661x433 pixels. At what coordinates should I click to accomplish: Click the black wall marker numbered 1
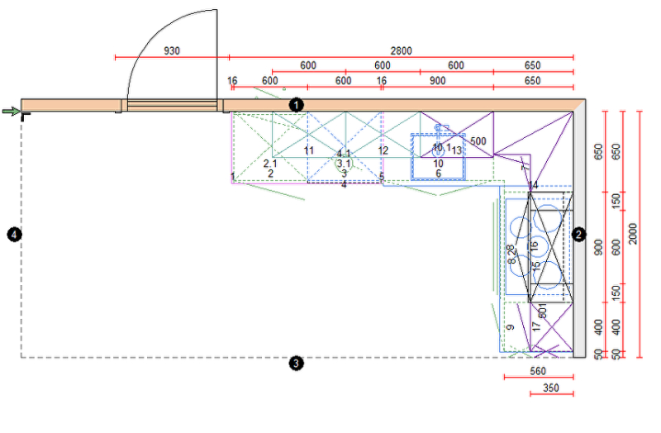coord(297,105)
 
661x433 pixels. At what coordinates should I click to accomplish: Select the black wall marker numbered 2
coord(579,235)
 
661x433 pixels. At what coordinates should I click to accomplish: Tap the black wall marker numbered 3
coord(297,362)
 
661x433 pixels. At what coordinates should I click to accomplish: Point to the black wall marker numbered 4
coord(14,235)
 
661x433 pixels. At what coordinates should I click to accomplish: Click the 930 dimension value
coord(172,51)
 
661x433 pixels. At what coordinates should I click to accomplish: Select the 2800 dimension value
coord(401,51)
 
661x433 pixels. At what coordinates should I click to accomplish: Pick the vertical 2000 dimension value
coord(633,234)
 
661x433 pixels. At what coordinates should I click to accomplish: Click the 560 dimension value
coord(538,372)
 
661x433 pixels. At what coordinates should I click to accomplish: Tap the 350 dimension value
coord(551,388)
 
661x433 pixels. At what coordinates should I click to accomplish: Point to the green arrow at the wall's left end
coord(11,112)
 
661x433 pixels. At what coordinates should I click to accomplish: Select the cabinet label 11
coord(308,150)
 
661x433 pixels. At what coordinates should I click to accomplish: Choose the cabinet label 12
coord(383,150)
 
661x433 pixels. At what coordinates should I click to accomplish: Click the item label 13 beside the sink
coord(457,150)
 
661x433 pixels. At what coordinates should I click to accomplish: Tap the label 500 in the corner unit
coord(478,141)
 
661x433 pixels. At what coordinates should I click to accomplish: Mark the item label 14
coord(533,185)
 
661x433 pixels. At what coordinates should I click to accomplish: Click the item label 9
coord(511,328)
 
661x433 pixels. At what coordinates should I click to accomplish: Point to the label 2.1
coord(270,164)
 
